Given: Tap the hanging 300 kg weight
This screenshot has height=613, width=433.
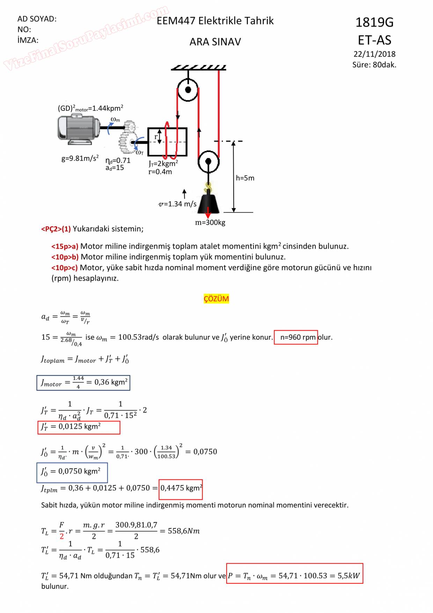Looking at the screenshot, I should click(x=208, y=204).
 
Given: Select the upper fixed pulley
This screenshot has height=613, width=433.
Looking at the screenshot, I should click(x=188, y=90).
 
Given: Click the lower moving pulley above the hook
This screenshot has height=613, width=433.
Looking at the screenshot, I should click(x=208, y=162).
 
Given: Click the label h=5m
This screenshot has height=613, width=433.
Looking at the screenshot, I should click(x=245, y=178).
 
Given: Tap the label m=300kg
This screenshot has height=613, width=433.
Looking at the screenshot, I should click(x=210, y=223).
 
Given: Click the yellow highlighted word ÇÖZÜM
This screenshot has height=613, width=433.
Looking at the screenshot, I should click(x=216, y=299).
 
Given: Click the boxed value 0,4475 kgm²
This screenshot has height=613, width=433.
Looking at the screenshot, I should click(x=181, y=488).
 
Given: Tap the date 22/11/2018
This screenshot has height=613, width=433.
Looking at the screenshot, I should click(x=374, y=54).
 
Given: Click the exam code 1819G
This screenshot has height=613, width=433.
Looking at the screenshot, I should click(x=374, y=23).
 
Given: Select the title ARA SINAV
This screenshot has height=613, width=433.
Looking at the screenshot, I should click(x=215, y=42).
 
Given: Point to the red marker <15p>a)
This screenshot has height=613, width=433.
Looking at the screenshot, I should click(x=65, y=246).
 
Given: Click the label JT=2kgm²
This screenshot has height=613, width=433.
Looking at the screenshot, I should click(x=163, y=164).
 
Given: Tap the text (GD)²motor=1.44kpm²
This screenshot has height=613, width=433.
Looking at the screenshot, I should click(x=90, y=108).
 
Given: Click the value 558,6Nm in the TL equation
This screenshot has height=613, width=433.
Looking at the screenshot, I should click(x=184, y=531).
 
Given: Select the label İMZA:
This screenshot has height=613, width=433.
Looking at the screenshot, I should click(x=28, y=40).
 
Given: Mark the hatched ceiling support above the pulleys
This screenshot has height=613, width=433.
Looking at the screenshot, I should click(x=199, y=67).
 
